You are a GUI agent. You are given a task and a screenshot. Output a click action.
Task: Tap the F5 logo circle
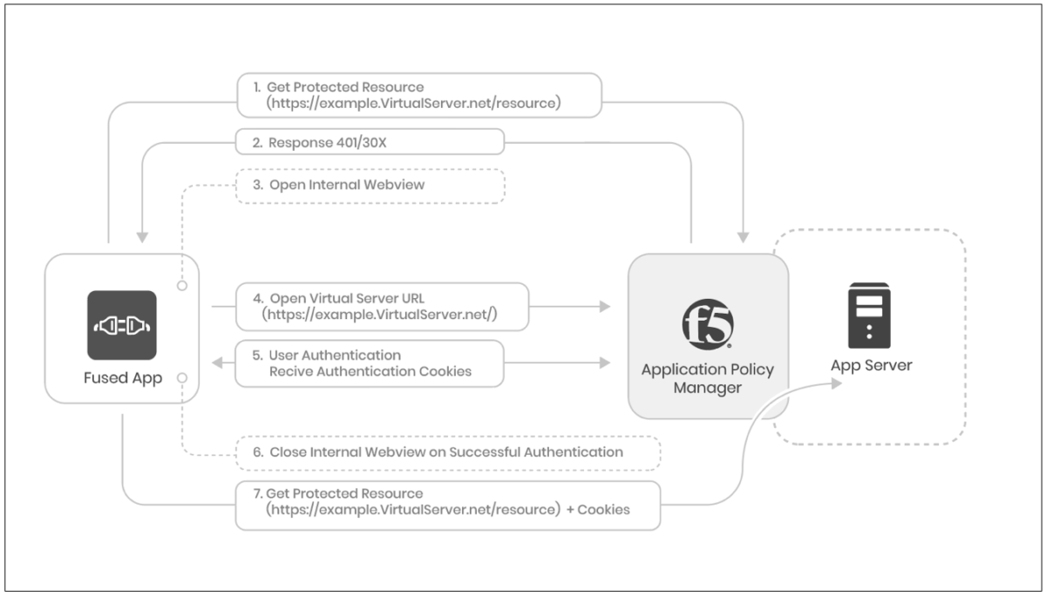[707, 322]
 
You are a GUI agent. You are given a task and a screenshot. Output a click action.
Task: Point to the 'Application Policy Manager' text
[707, 378]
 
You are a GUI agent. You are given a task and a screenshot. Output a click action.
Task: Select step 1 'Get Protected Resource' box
[419, 95]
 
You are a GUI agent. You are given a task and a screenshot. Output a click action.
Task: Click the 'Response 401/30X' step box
[370, 142]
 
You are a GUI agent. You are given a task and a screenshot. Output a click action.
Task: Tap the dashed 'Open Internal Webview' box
[370, 185]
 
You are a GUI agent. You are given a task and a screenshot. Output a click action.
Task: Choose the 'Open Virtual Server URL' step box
[382, 306]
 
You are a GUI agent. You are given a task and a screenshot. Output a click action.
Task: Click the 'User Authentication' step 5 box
[370, 363]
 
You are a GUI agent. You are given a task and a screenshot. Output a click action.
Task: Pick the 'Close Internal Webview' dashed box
[447, 452]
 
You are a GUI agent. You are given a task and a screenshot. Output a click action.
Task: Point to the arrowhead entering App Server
[836, 383]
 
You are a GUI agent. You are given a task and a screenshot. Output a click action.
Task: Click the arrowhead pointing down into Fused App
[140, 237]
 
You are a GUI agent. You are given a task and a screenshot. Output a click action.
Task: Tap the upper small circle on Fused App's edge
[182, 284]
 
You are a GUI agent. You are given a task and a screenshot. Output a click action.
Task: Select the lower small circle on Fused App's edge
[182, 377]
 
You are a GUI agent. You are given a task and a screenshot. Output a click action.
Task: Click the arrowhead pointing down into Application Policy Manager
[743, 236]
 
